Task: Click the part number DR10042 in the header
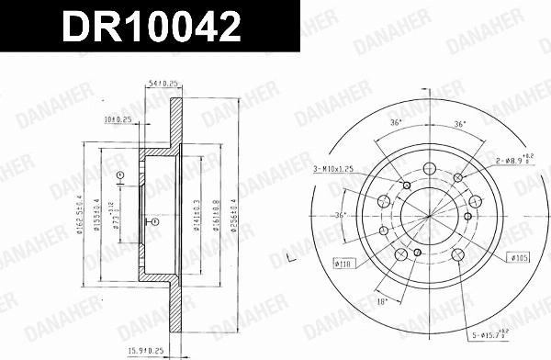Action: [152, 27]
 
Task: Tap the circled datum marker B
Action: [153, 221]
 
